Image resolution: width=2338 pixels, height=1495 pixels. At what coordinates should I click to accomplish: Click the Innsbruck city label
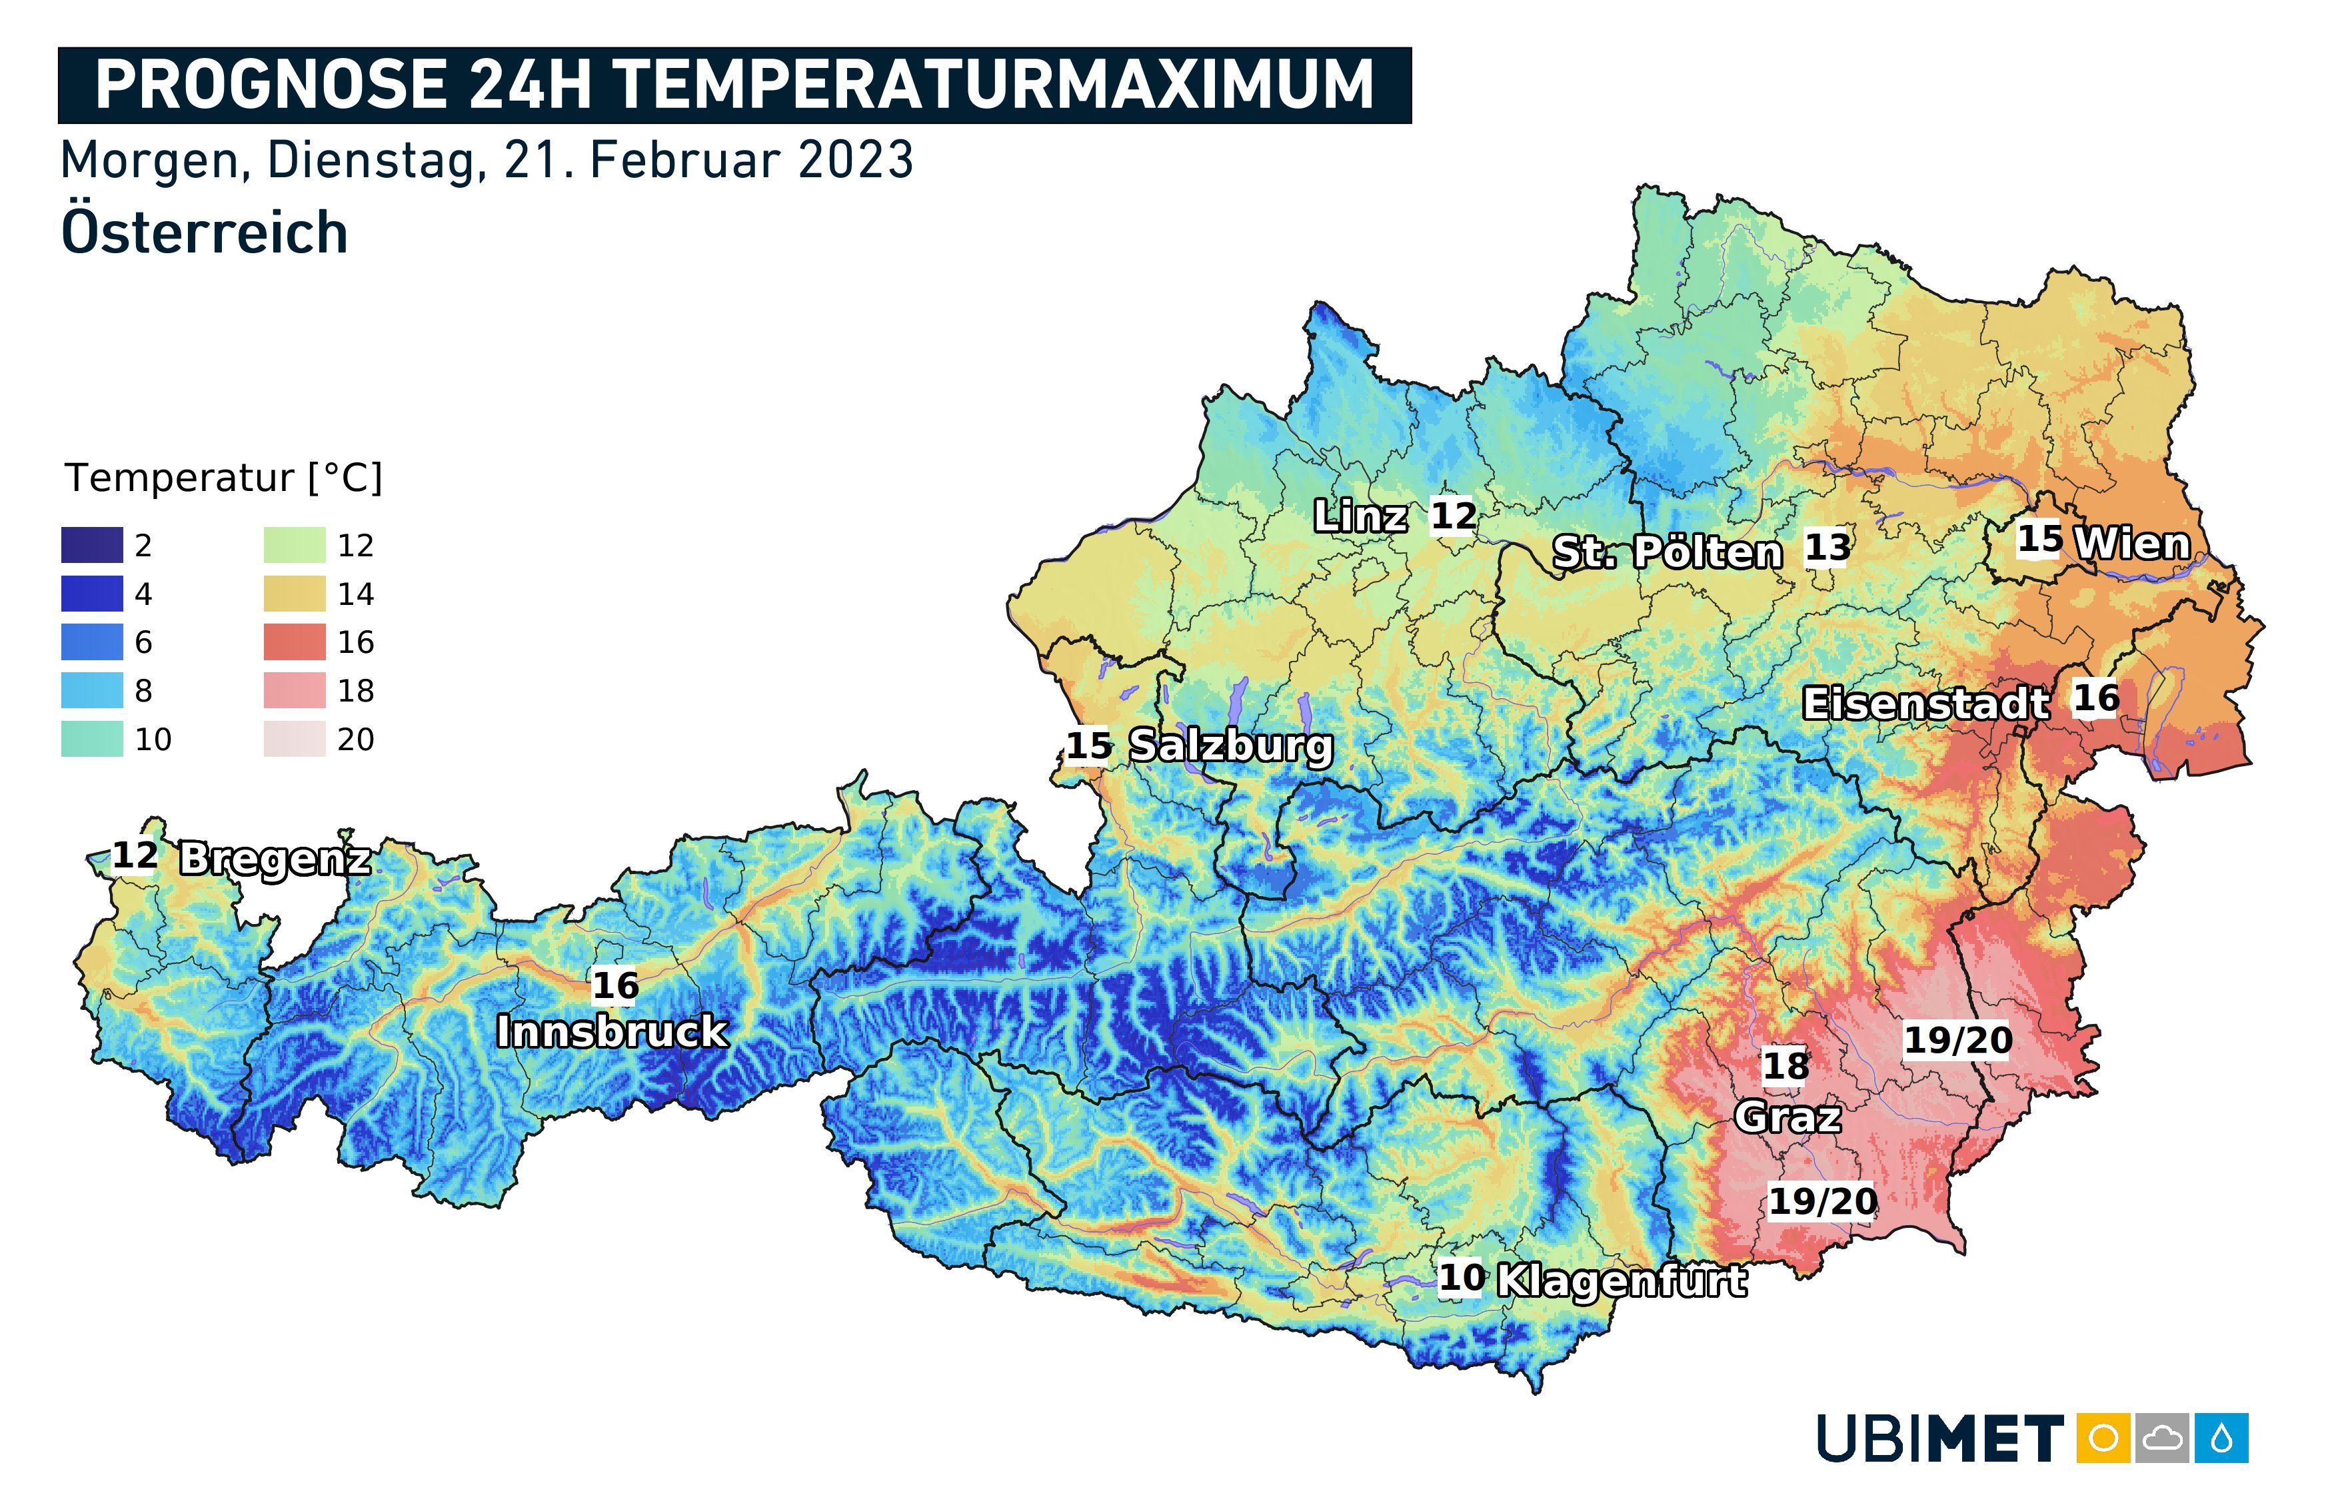(612, 1031)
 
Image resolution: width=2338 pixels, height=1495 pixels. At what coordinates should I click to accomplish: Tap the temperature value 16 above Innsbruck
(616, 985)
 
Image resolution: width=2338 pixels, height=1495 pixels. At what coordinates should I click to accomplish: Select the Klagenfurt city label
(1622, 1280)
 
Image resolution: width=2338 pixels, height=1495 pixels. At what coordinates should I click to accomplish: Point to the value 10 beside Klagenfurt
(1461, 1278)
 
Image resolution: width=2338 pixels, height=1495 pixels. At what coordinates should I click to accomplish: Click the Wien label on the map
(2132, 543)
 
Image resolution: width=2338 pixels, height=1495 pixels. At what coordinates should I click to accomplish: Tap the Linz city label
(1360, 516)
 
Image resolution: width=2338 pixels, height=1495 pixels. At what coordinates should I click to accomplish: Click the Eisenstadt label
(1926, 703)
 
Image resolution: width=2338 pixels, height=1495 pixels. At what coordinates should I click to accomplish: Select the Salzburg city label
(1231, 746)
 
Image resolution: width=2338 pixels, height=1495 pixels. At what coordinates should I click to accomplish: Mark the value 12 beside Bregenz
(135, 855)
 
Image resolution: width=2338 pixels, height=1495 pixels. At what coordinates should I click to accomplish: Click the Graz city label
(1787, 1117)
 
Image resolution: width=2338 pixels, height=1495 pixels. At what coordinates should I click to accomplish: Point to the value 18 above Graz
(1785, 1066)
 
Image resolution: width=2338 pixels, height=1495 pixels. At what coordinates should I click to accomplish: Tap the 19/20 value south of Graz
(1822, 1201)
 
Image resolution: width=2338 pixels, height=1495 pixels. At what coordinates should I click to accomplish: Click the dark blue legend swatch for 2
(92, 544)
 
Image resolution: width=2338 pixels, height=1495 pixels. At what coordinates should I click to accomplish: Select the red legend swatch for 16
(294, 642)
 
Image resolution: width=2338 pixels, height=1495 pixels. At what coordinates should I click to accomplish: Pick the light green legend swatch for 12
(294, 544)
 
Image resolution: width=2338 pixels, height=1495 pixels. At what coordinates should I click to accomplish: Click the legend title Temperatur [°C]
(223, 478)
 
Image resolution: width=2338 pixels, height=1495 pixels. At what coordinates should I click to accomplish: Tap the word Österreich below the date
(204, 233)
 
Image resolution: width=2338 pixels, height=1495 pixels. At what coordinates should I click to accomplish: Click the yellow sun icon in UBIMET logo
(2103, 1438)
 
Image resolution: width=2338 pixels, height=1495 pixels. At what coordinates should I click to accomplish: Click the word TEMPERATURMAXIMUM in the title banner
(994, 85)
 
